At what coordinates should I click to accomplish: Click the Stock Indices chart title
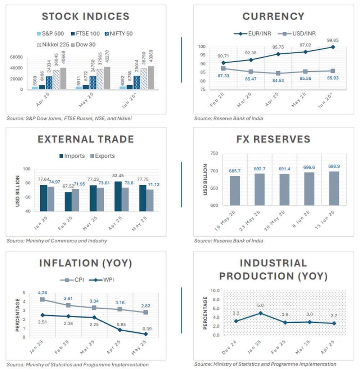(x=85, y=16)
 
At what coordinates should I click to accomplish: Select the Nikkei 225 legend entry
(x=51, y=45)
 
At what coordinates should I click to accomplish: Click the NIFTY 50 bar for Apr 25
(x=49, y=83)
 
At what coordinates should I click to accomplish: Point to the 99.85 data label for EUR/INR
(x=332, y=40)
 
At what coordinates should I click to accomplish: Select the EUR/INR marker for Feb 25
(x=224, y=63)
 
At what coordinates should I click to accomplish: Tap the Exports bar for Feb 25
(x=75, y=200)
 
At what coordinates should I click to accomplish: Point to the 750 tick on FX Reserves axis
(x=214, y=153)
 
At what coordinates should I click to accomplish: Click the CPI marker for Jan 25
(x=43, y=299)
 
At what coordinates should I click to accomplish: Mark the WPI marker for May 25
(x=146, y=334)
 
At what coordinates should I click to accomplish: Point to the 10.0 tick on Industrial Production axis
(x=215, y=291)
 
